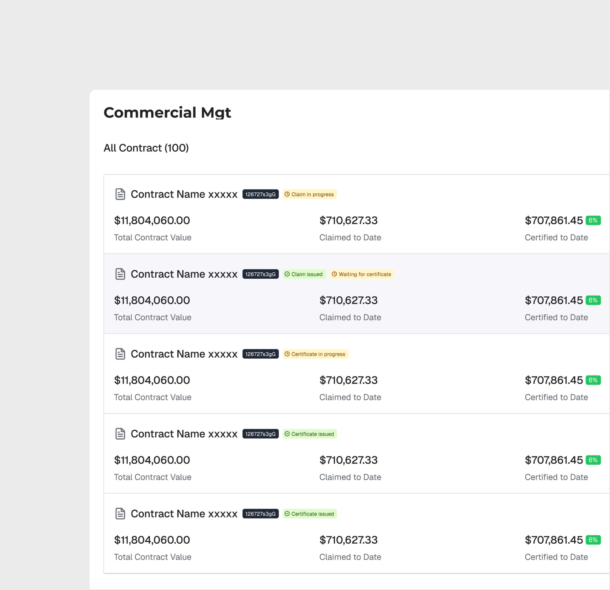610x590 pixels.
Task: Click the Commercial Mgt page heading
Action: click(167, 112)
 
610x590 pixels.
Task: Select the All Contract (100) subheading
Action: click(146, 148)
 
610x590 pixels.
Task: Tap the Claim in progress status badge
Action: click(310, 194)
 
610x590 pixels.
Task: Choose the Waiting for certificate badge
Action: click(362, 274)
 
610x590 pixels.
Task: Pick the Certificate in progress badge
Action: click(315, 354)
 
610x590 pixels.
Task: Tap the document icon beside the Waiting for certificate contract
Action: click(120, 274)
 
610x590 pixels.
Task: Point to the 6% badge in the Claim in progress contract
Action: click(593, 220)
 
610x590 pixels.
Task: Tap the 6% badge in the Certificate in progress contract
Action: click(593, 380)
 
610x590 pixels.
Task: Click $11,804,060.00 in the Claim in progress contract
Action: click(152, 220)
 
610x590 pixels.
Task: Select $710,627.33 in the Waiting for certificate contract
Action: click(348, 301)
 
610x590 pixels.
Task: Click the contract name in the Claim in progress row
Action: click(184, 194)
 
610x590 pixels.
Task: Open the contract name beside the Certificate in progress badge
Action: click(184, 354)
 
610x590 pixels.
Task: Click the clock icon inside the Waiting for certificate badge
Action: click(334, 274)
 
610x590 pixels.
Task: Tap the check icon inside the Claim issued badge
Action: click(287, 274)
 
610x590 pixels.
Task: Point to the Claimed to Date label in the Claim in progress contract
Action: click(350, 238)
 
